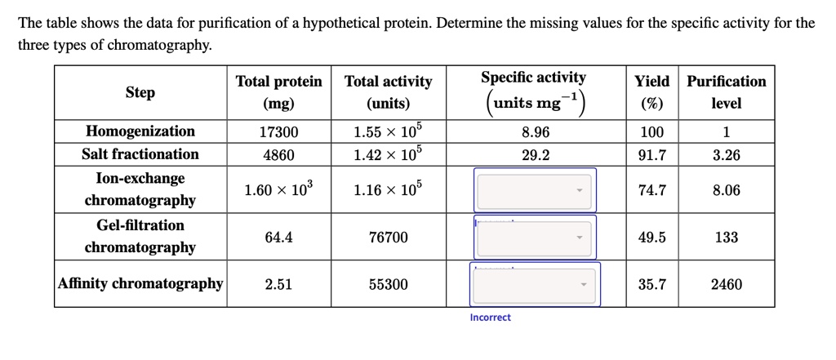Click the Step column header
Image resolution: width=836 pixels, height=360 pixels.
(x=140, y=92)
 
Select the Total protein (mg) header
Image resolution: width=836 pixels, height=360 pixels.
(x=278, y=92)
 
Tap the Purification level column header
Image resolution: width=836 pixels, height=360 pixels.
(x=726, y=92)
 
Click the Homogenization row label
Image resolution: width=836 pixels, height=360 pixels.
(x=140, y=131)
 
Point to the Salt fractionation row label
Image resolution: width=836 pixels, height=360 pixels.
(x=140, y=154)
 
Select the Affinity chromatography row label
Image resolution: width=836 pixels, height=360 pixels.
(x=140, y=284)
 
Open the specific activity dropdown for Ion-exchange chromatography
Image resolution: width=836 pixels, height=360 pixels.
(x=535, y=190)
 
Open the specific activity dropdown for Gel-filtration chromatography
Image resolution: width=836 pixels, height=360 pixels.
(x=535, y=238)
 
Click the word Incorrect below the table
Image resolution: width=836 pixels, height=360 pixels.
(x=490, y=318)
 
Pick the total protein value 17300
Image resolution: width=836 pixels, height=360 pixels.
(x=278, y=132)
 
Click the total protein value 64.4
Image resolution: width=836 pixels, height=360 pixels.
(x=278, y=238)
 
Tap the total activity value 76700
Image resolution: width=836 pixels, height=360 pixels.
(x=388, y=238)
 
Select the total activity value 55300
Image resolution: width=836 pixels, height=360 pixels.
(x=388, y=284)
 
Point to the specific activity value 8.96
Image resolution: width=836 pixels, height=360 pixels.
(x=535, y=132)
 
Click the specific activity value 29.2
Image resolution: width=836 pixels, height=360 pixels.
(x=535, y=154)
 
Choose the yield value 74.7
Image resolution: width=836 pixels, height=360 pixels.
(x=651, y=190)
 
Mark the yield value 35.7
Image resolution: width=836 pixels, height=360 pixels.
(x=651, y=284)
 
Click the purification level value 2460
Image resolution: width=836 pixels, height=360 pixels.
(x=726, y=284)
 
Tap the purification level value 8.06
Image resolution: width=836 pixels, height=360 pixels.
(x=726, y=190)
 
